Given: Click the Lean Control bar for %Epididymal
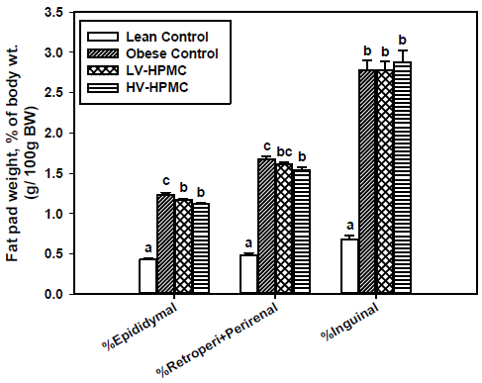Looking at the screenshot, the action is pos(147,276).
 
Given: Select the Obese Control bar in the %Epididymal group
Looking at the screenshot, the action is pos(165,243).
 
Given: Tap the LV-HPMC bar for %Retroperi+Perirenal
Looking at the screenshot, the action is pos(284,229).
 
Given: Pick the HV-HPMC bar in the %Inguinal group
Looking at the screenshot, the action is pos(402,177).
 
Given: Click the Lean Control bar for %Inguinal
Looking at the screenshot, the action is pos(349,266).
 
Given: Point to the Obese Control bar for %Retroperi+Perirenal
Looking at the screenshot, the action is pos(266,226).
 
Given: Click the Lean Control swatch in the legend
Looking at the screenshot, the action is pos(103,37).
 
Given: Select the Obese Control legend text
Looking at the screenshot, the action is pos(172,53).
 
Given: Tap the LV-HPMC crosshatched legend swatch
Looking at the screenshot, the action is pos(103,70).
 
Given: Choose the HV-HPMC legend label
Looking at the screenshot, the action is pos(157,87).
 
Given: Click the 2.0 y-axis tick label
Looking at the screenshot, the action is pos(53,133).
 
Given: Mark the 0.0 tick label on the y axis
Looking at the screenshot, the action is pos(53,294).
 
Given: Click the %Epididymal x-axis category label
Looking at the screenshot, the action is pos(140,326).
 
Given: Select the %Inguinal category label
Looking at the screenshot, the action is pos(349,322).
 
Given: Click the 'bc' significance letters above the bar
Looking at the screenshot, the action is pos(284,151).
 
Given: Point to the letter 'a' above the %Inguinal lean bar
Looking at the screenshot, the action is pos(349,226).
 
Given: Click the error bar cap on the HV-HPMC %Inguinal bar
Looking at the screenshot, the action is pos(402,50).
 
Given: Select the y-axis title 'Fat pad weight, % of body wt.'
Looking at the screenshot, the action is pos(13,153).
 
